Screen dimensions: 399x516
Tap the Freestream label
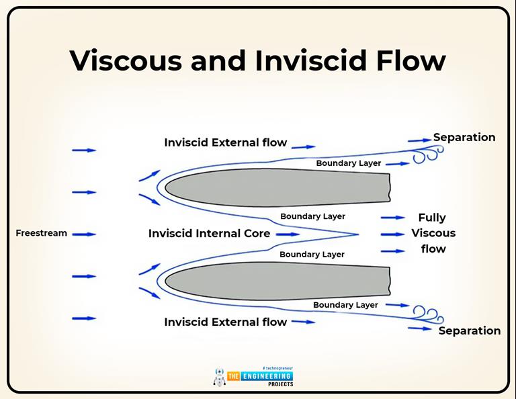(42, 233)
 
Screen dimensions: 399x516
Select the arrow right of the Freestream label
(84, 234)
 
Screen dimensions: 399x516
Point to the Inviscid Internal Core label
(209, 234)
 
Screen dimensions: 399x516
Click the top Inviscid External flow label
(225, 142)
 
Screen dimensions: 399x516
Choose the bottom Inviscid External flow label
(225, 322)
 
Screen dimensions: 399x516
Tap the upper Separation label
(464, 137)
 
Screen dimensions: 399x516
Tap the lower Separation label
(469, 330)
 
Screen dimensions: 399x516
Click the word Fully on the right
(432, 218)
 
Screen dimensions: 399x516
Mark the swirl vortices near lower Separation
(427, 312)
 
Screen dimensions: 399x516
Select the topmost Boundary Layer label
(348, 163)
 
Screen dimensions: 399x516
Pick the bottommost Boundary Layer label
(345, 305)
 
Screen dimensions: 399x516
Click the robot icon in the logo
(219, 377)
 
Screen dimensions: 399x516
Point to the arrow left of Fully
(392, 218)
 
